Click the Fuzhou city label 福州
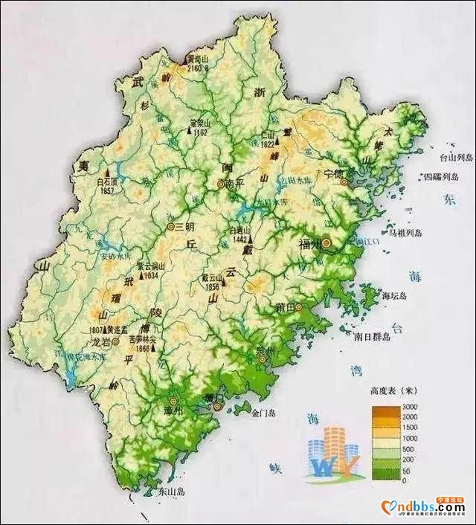coord(310,243)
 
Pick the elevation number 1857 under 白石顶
coord(108,190)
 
